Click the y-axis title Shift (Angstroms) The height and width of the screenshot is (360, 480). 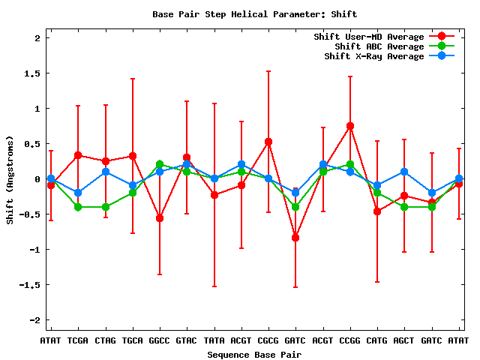[10, 179]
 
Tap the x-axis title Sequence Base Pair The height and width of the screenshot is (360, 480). [254, 353]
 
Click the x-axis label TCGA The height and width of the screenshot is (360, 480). [78, 340]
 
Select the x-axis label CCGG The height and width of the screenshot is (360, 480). [350, 340]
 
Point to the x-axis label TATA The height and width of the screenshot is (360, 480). [214, 340]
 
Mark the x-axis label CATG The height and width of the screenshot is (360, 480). [377, 340]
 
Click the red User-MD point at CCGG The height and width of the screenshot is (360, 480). [350, 126]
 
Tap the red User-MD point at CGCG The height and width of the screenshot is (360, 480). [268, 142]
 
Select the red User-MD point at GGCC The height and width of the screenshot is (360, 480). [160, 218]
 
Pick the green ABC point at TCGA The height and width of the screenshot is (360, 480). [78, 207]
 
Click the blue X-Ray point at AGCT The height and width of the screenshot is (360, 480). [404, 172]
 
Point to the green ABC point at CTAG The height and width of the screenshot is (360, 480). [106, 207]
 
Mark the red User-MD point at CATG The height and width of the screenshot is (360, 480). [377, 211]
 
